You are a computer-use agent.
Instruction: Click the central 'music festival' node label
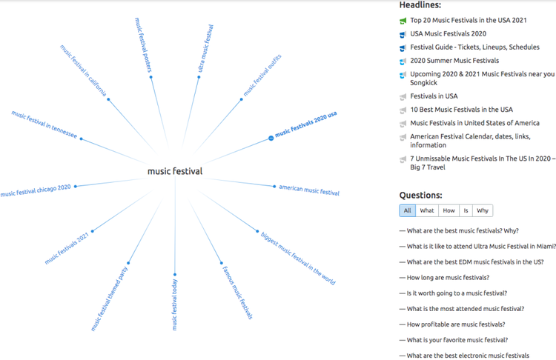[175, 172]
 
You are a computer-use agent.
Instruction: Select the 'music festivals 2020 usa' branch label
[305, 124]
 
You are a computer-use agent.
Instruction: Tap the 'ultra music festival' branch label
[205, 48]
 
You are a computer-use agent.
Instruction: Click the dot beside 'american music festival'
[274, 187]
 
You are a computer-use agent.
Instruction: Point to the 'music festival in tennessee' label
[44, 124]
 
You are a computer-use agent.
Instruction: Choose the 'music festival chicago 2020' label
[36, 190]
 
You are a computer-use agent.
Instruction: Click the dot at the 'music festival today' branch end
[175, 275]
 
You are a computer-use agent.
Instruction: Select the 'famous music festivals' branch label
[237, 293]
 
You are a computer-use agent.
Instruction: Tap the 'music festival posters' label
[143, 45]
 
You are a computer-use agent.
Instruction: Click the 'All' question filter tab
[408, 210]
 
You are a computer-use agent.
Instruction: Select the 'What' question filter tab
[427, 210]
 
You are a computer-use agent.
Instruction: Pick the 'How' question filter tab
[449, 210]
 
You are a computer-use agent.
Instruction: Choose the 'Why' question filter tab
[483, 210]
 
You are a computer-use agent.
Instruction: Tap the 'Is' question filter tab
[466, 210]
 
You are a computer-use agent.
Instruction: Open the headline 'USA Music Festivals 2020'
[449, 33]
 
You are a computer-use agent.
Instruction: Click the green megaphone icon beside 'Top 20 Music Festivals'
[403, 21]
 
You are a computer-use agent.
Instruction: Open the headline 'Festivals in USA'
[434, 96]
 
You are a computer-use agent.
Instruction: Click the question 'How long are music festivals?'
[448, 278]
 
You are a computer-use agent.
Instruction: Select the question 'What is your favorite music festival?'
[457, 340]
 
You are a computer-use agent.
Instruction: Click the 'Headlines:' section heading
[420, 5]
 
